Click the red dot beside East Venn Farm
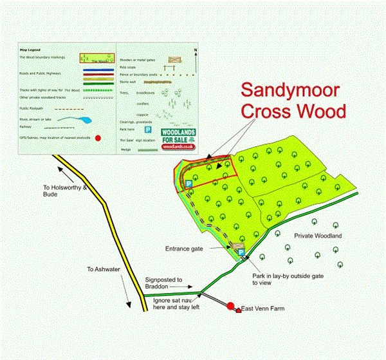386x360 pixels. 230,305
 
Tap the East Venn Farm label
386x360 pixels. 262,310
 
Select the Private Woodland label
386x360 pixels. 317,236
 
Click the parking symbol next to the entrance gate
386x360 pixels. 241,254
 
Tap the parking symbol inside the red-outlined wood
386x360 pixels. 189,184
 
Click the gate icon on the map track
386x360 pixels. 238,245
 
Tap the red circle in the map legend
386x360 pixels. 98,138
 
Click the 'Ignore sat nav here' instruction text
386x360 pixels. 178,303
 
